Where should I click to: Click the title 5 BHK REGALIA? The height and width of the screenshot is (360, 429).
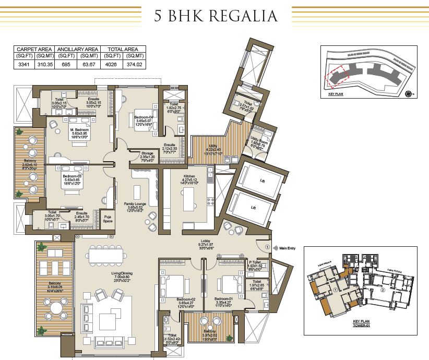(215, 16)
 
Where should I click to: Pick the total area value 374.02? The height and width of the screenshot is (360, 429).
(135, 64)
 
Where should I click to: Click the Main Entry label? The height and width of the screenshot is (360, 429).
(288, 248)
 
